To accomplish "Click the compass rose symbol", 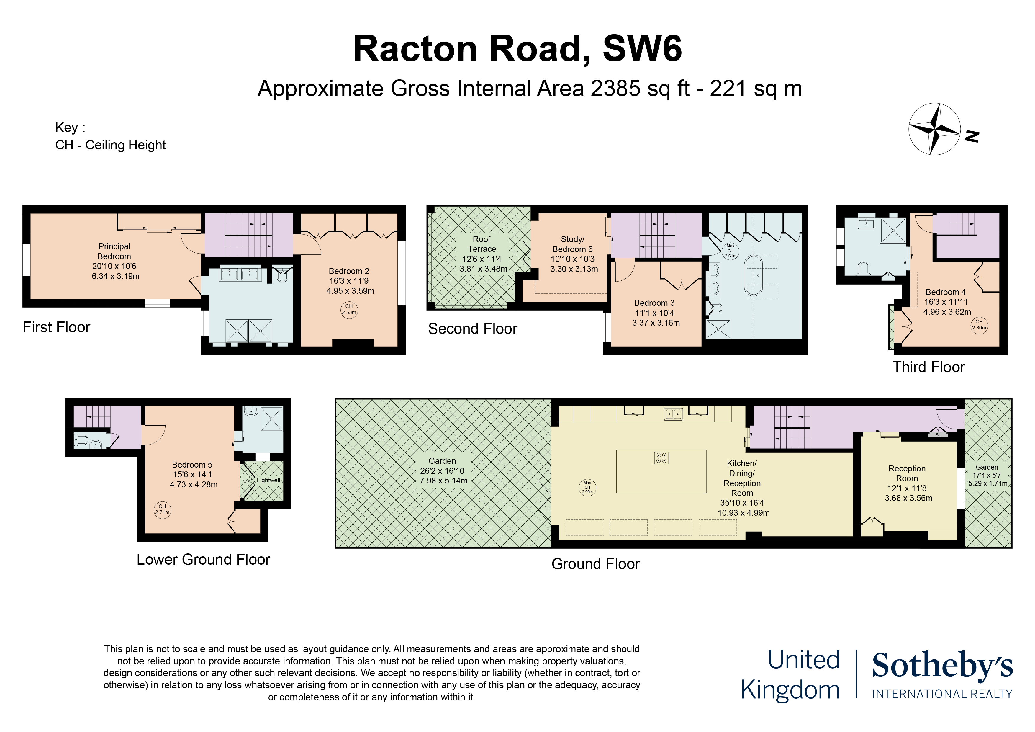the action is click(934, 129).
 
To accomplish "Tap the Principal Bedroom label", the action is click(114, 251).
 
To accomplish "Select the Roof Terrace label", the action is click(482, 244).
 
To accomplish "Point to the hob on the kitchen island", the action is click(661, 458).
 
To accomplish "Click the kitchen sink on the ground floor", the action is click(673, 414).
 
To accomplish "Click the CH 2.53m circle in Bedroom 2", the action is click(349, 310).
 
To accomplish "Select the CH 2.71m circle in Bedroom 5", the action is click(162, 510).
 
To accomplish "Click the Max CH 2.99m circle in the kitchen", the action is click(587, 488).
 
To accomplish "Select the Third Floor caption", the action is click(928, 367).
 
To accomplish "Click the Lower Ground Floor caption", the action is click(203, 560).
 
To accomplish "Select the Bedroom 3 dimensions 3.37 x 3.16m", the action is click(656, 323).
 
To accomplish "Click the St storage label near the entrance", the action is click(938, 435).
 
